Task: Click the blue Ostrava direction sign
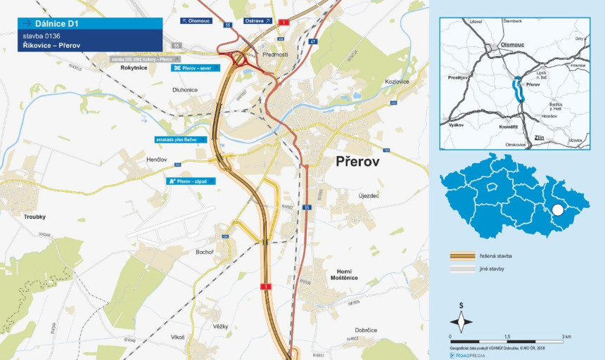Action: click(x=257, y=21)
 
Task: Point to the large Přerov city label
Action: click(x=357, y=162)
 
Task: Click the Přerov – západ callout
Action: click(x=191, y=181)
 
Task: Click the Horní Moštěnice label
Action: click(x=344, y=275)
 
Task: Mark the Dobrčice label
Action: click(x=366, y=330)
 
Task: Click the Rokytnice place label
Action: click(x=134, y=68)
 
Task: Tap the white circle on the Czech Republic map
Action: click(x=558, y=210)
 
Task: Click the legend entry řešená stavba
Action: click(x=497, y=256)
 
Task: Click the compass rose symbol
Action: click(x=461, y=321)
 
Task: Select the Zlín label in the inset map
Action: click(x=539, y=137)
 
